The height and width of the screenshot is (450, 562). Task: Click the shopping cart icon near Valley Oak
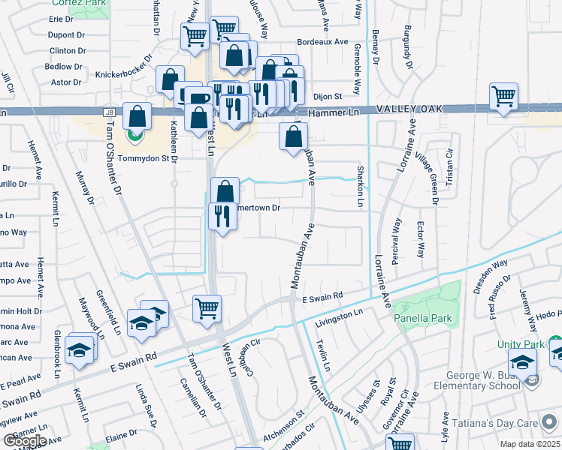tap(503, 96)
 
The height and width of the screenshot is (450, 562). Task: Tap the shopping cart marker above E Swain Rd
tap(207, 307)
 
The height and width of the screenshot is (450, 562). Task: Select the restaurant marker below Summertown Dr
tap(220, 217)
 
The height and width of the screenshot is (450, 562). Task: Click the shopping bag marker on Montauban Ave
tap(293, 136)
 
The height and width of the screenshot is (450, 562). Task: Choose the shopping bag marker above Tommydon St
tap(137, 117)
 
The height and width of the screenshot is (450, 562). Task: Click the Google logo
tap(24, 440)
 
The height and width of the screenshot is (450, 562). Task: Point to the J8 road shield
tap(109, 112)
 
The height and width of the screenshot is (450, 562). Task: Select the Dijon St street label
tap(327, 97)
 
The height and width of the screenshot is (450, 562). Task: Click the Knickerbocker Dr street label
tap(124, 76)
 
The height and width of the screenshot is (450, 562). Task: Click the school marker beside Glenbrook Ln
tap(79, 350)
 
